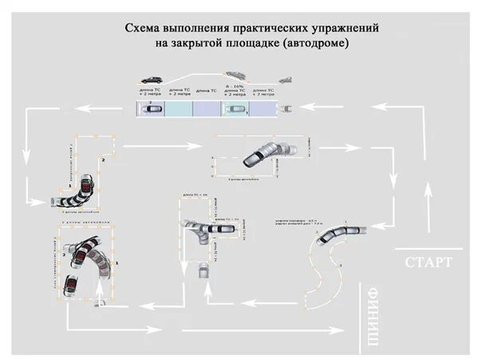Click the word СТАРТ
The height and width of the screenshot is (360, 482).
(x=429, y=263)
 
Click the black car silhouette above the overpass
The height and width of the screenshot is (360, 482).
(x=152, y=80)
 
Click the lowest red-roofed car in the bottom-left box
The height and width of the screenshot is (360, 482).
(x=71, y=287)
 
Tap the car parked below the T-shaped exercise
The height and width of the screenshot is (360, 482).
(x=204, y=271)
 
